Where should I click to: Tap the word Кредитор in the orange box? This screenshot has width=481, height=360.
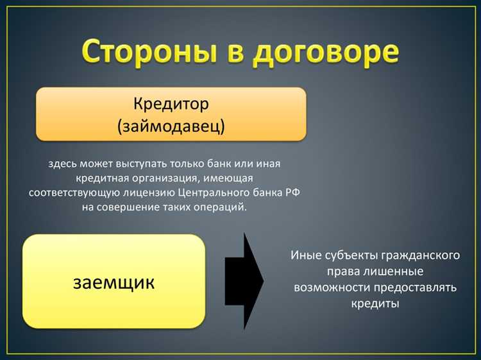(171, 103)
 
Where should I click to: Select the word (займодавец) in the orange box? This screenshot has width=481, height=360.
(171, 126)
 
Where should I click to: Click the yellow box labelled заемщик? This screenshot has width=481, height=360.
(114, 282)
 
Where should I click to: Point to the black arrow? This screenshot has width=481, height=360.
(244, 281)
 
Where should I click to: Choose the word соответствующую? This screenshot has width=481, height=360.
(71, 193)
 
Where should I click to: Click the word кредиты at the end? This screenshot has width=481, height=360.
(375, 303)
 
